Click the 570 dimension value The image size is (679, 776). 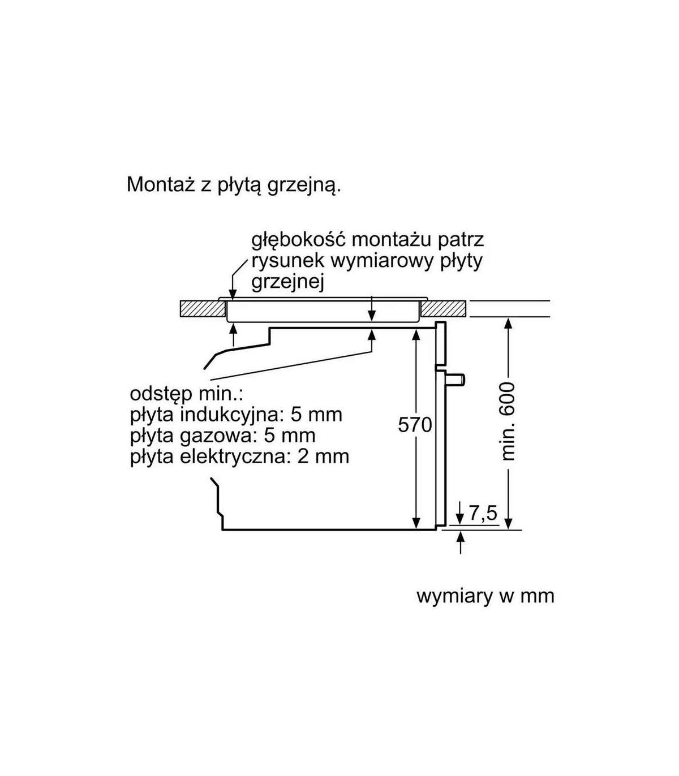[x=415, y=424]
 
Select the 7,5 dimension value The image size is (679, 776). [x=483, y=513]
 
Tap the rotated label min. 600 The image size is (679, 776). [x=508, y=421]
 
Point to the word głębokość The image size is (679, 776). [x=298, y=239]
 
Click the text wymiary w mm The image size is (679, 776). [x=485, y=596]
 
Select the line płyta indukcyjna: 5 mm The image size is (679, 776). [x=236, y=415]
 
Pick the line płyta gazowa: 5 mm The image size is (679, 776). [x=222, y=436]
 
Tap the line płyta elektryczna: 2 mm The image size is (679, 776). [x=239, y=456]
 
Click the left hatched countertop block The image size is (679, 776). [x=201, y=308]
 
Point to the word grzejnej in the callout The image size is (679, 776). [x=287, y=282]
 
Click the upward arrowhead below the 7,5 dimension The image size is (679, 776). [x=461, y=538]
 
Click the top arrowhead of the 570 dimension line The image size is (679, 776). [x=416, y=335]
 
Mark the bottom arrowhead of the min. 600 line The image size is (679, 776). [x=508, y=523]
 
